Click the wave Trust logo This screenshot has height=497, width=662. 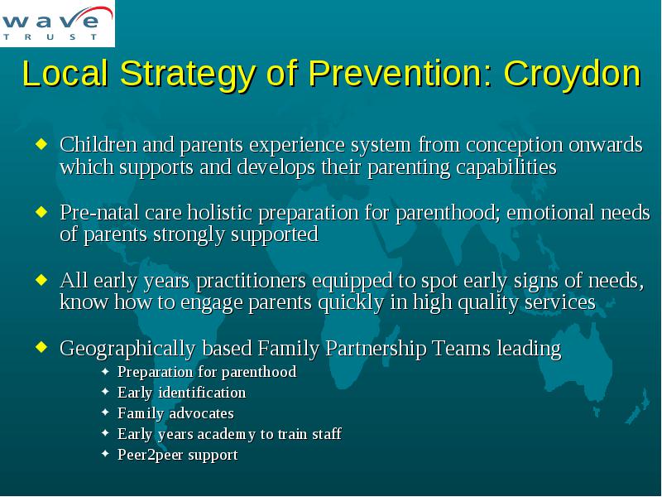[x=57, y=23]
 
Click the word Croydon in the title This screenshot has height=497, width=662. [x=573, y=74]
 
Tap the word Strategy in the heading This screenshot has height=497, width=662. [x=188, y=74]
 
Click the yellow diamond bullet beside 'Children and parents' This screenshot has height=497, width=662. [x=41, y=143]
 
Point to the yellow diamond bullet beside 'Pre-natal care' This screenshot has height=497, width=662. [x=41, y=211]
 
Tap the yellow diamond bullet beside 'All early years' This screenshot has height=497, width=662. [x=41, y=279]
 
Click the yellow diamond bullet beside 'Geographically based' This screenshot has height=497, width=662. [x=41, y=347]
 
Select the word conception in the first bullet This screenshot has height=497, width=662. [x=514, y=146]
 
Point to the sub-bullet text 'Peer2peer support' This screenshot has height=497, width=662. [x=178, y=455]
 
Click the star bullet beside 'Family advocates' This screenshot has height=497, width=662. [x=106, y=413]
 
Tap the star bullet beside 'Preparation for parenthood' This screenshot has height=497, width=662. [x=106, y=371]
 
